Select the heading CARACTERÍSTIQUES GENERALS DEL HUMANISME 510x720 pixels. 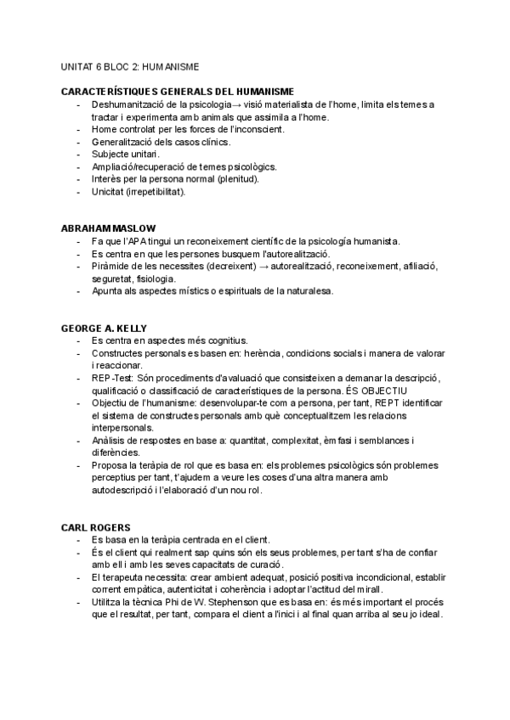pos(178,91)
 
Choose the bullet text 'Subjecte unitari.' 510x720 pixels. pos(125,155)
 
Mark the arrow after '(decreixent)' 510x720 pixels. pos(237,267)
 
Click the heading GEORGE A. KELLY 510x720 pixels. pos(105,329)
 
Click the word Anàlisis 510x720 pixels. pos(111,440)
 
